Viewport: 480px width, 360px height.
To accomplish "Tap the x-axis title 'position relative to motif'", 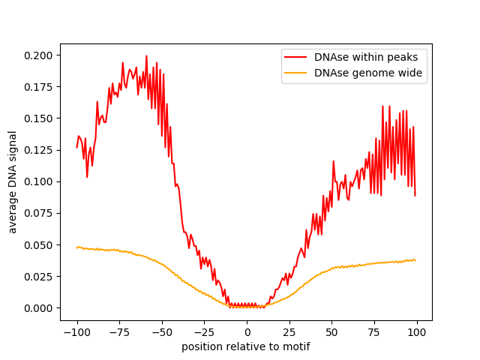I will coord(246,346).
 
